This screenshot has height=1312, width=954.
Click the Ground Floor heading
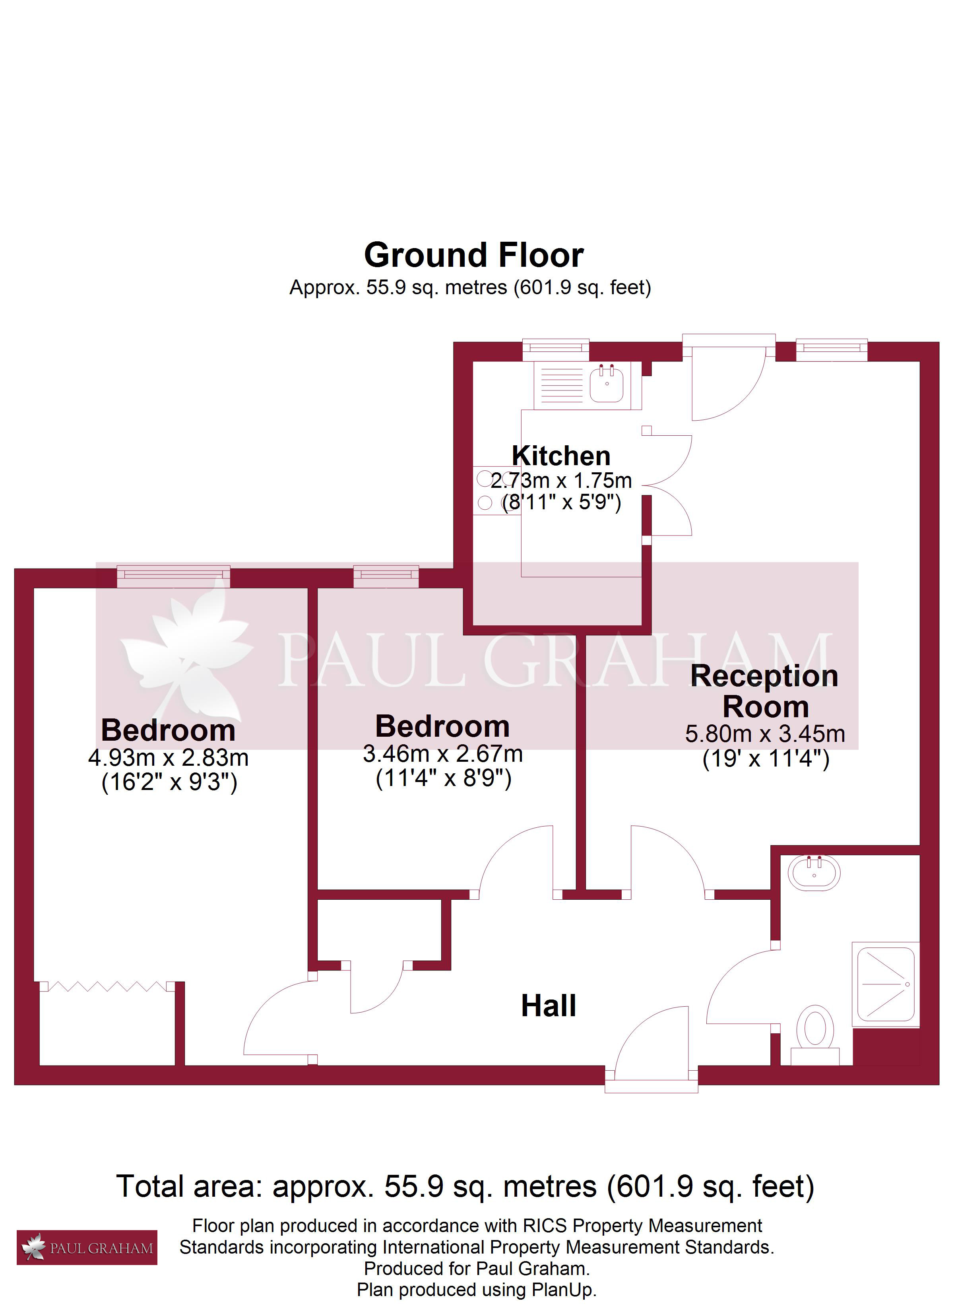click(x=474, y=255)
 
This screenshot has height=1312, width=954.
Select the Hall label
click(x=549, y=1006)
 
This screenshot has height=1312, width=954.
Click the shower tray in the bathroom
click(x=886, y=984)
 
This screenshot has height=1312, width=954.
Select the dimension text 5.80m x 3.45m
click(x=765, y=734)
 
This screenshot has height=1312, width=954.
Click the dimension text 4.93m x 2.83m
click(x=169, y=758)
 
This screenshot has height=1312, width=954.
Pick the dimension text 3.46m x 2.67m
click(x=442, y=754)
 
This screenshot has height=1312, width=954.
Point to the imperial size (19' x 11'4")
click(x=766, y=759)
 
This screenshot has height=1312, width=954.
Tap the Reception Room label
click(x=765, y=691)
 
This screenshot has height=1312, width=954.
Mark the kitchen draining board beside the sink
click(x=562, y=385)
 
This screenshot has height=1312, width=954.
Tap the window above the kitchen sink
click(x=555, y=348)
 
